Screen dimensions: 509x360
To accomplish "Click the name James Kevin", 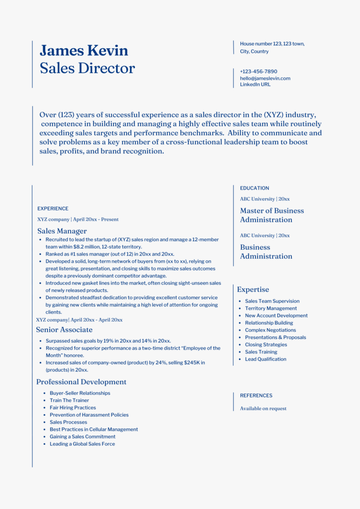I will coord(84,50).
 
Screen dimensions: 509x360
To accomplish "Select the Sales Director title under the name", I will coord(87,68).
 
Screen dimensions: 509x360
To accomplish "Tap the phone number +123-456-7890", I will coord(259,72).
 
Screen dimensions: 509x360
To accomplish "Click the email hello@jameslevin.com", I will coord(265,78).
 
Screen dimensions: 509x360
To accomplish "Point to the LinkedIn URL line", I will coord(255,85).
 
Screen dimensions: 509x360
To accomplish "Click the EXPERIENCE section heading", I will coord(53,209).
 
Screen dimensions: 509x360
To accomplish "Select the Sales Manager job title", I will coord(62,231).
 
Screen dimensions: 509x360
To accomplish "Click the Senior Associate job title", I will coord(64,330).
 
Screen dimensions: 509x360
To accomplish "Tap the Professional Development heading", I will coord(81,382).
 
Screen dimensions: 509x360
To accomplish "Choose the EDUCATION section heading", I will coord(255,188).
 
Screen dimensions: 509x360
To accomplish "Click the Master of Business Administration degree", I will coord(271,215).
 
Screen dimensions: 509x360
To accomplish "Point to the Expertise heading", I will coord(253,289).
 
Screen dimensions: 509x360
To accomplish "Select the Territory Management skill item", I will coord(271,308).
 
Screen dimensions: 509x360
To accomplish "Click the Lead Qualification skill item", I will coord(266,359).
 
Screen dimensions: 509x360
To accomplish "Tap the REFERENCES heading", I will coord(256,396).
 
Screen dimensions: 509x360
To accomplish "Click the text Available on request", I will coord(263,409).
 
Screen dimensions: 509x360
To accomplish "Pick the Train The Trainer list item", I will coord(69,400).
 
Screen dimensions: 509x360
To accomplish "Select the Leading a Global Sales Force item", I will coord(82,444).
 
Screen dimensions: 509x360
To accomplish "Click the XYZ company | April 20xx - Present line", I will coord(78,219).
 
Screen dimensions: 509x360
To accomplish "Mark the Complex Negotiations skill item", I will coord(270,330).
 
